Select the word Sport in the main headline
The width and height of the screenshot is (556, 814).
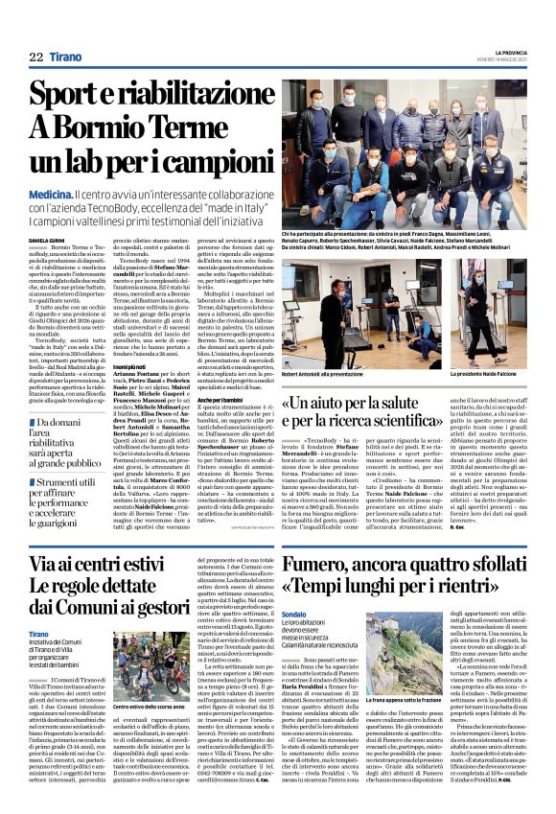click(66, 94)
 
